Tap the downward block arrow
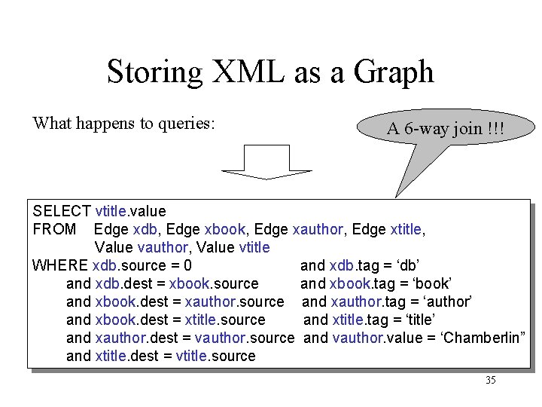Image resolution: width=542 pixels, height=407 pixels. (268, 162)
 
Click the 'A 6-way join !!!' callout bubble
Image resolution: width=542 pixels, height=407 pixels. (445, 129)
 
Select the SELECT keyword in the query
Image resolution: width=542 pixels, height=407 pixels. (62, 211)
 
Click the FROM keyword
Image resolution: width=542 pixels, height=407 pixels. (54, 229)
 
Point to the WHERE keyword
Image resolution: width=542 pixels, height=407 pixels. (60, 265)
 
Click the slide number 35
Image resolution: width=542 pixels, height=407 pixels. (490, 381)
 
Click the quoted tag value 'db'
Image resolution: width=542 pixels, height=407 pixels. (407, 265)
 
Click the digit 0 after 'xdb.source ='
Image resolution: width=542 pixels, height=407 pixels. (187, 265)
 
